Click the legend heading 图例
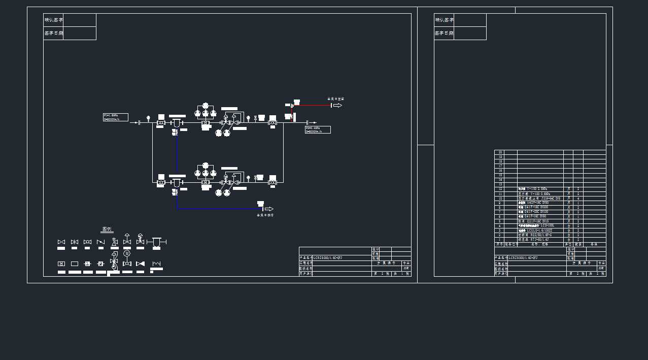tap(107, 230)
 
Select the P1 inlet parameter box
tap(116, 117)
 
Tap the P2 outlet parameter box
tap(318, 129)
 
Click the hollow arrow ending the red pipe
tap(337, 105)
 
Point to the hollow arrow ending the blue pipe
tap(269, 209)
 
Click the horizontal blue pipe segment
tap(218, 209)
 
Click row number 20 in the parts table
tap(500, 152)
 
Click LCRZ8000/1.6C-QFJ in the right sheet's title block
tap(523, 258)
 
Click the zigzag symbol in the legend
tap(156, 264)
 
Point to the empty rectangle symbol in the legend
tap(75, 264)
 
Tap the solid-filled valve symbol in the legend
tap(140, 264)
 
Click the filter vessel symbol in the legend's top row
tap(156, 242)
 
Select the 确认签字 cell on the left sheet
tap(53, 20)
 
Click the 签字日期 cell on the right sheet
tap(444, 33)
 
